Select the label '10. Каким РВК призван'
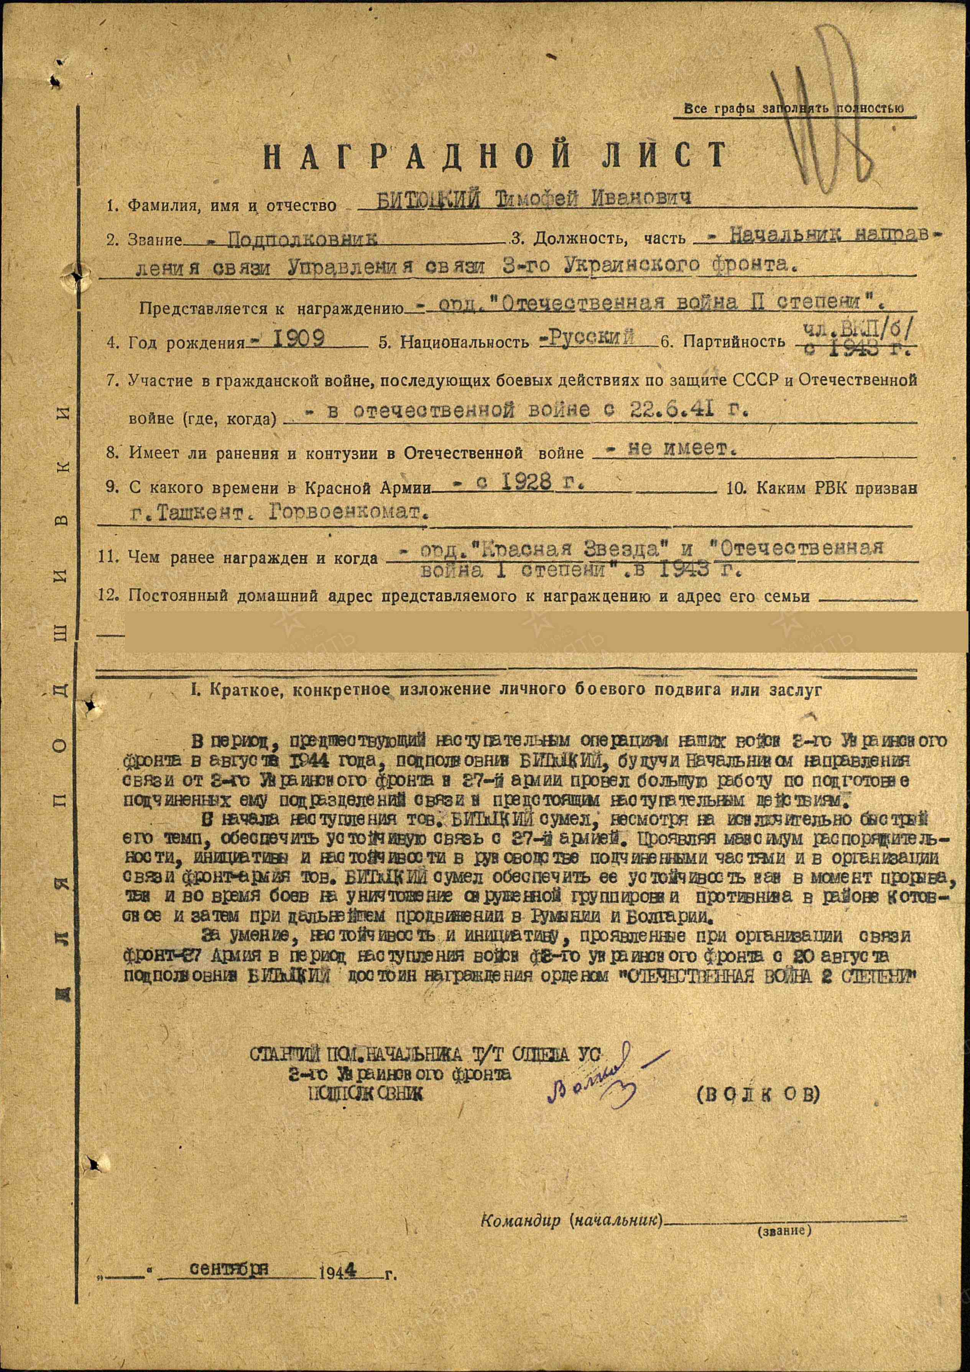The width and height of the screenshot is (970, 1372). pyautogui.click(x=821, y=488)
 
